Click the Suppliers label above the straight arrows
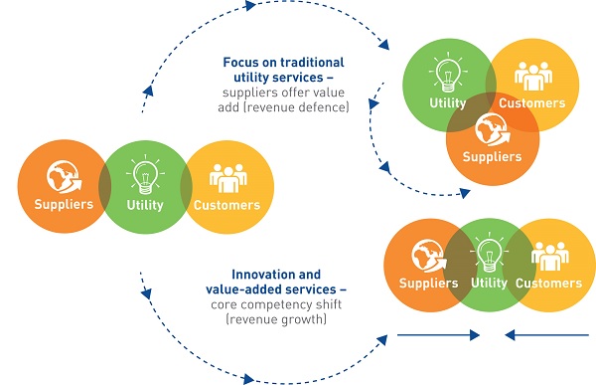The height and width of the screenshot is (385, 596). click(428, 284)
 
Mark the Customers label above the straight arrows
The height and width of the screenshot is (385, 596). click(550, 284)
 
